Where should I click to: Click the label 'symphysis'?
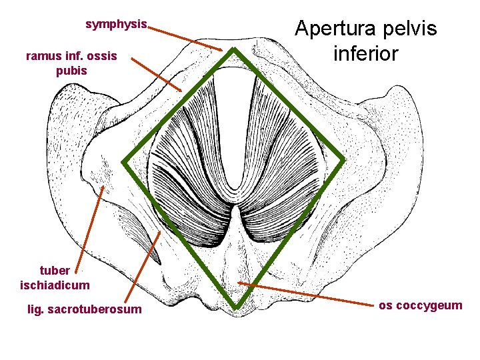116,24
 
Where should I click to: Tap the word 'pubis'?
71,70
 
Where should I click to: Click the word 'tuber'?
55,271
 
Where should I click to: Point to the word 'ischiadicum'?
55,285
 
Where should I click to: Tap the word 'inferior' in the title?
365,53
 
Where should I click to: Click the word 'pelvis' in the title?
411,29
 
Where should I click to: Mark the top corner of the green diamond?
234,51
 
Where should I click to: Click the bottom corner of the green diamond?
235,308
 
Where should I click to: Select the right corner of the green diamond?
344,161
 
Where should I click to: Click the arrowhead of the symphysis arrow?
223,49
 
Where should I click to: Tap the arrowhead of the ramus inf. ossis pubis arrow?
181,91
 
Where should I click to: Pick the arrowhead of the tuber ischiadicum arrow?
103,187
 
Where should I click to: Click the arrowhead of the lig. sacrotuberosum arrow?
160,233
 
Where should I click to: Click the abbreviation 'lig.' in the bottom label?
35,309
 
